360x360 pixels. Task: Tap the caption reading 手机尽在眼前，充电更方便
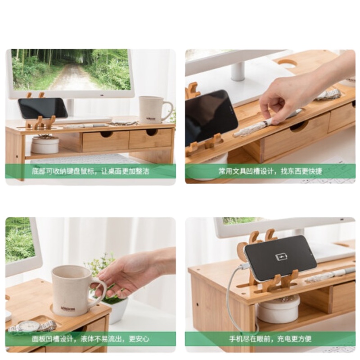pyautogui.click(x=270, y=338)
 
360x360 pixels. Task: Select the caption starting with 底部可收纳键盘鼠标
pyautogui.click(x=90, y=171)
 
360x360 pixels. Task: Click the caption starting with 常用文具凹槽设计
pyautogui.click(x=270, y=171)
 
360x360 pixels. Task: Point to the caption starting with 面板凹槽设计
pyautogui.click(x=90, y=338)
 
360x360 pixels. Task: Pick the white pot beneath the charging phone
pyautogui.click(x=278, y=310)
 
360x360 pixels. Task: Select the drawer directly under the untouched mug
pyautogui.click(x=150, y=138)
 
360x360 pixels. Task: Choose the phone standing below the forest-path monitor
pyautogui.click(x=43, y=108)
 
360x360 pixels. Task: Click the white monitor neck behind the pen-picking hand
pyautogui.click(x=238, y=72)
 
